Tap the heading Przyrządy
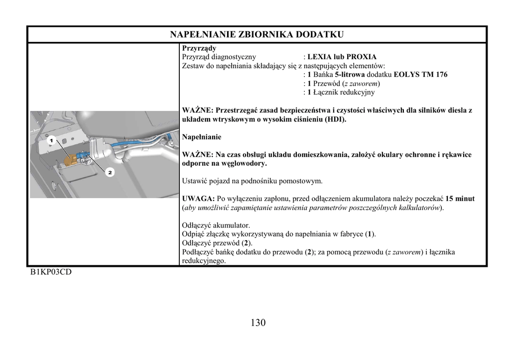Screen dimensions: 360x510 tap(199, 48)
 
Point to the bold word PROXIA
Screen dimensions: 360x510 tap(361, 57)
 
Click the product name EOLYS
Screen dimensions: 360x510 tap(407, 75)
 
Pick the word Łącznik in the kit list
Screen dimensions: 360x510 tap(326, 92)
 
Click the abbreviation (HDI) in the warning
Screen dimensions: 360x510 tap(335, 120)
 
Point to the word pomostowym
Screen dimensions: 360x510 tap(301, 181)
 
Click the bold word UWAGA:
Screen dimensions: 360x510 tap(198, 199)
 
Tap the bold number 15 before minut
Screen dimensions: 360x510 tap(450, 199)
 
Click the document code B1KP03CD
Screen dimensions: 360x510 tap(51, 272)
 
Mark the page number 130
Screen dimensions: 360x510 tap(258, 323)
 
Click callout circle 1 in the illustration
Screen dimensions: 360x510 tap(50, 140)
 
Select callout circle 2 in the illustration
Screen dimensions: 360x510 tap(109, 173)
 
